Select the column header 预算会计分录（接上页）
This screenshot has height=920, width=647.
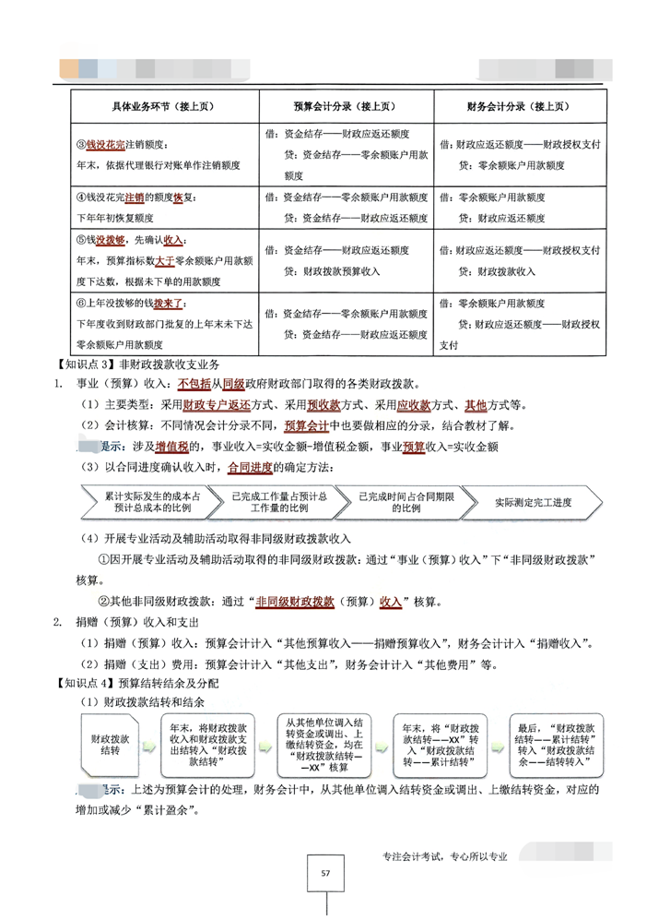coord(342,107)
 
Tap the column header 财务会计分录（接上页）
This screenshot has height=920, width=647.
coord(521,107)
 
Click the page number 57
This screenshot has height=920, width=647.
coord(324,873)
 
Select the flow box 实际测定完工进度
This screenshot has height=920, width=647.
coord(533,502)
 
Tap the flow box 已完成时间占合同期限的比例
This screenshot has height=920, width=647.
coord(399,502)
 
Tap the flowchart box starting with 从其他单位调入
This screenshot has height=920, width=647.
coord(324,743)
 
